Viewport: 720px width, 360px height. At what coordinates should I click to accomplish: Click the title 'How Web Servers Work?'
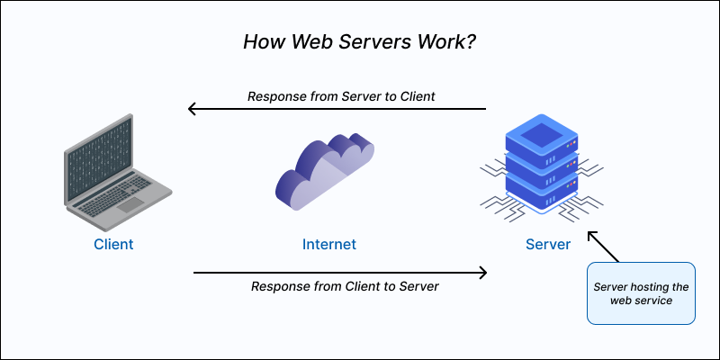coord(359,42)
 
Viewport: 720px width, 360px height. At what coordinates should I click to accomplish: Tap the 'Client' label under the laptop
coord(113,244)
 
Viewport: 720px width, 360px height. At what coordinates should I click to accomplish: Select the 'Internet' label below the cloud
coord(329,244)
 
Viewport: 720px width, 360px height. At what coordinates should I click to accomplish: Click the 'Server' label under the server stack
coord(548,244)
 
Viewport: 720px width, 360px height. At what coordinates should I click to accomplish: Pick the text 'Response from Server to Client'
coord(342,96)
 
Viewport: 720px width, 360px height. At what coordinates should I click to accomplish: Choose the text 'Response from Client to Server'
coord(345,286)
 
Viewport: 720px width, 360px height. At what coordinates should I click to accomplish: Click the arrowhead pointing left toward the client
coord(192,110)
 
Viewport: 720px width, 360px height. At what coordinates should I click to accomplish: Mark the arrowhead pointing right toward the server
coord(482,272)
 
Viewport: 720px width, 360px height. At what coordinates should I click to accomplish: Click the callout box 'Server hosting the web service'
coord(641,293)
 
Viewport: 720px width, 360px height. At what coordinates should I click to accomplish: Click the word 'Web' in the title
coord(305,42)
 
